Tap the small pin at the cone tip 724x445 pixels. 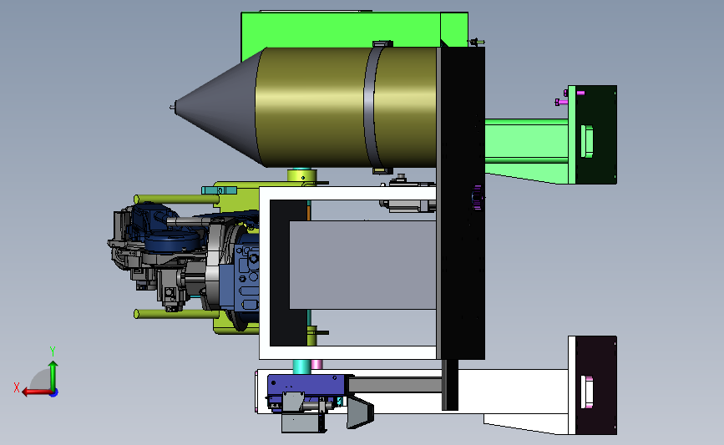(172, 107)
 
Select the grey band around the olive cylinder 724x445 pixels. (369, 107)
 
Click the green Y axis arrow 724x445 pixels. (53, 376)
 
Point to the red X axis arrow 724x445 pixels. (38, 392)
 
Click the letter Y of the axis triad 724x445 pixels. (52, 351)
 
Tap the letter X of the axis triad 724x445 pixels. (17, 387)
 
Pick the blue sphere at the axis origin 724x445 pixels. (54, 392)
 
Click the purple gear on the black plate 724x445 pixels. (477, 198)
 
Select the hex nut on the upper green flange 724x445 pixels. (586, 141)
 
